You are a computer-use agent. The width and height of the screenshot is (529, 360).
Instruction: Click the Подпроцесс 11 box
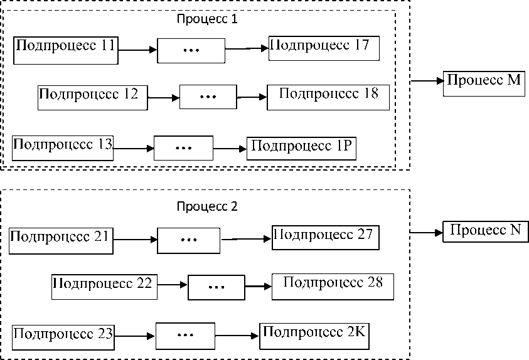[x=66, y=50]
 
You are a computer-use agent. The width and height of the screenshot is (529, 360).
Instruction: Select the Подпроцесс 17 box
[x=324, y=48]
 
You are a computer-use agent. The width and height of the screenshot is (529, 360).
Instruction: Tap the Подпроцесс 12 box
[x=93, y=98]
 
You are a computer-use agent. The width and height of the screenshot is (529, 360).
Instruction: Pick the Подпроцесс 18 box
[x=328, y=97]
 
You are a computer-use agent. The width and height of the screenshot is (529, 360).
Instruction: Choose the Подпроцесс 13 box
[x=63, y=148]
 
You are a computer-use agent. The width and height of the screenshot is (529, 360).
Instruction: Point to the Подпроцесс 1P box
[x=301, y=148]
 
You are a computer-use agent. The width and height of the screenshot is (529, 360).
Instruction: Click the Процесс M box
[x=484, y=83]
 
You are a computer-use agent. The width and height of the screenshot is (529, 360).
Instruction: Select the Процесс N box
[x=486, y=231]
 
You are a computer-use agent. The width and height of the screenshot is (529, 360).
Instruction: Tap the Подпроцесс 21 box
[x=61, y=241]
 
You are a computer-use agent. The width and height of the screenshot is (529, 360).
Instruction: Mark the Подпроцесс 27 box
[x=326, y=238]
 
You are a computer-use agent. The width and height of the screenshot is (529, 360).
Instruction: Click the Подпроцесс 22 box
[x=104, y=287]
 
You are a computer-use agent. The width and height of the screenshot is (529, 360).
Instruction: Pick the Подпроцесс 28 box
[x=333, y=287]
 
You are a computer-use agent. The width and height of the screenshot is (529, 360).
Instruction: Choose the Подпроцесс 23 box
[x=63, y=337]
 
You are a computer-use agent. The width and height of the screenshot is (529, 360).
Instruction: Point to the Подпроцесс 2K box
[x=314, y=336]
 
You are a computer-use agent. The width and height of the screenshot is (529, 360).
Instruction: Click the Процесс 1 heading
[x=207, y=19]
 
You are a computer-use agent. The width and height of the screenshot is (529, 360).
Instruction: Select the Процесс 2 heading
[x=207, y=206]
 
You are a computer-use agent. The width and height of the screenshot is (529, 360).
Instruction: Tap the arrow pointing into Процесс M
[x=427, y=81]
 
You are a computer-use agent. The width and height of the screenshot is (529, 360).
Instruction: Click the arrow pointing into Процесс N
[x=427, y=232]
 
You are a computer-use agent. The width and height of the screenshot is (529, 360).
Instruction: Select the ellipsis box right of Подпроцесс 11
[x=191, y=51]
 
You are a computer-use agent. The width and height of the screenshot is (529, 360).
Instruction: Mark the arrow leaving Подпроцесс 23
[x=135, y=336]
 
